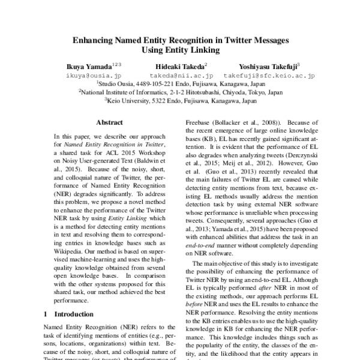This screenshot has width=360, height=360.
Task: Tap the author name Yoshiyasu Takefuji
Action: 268,65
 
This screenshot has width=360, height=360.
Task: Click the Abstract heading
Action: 109,121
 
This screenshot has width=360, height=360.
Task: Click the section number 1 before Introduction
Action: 47,313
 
